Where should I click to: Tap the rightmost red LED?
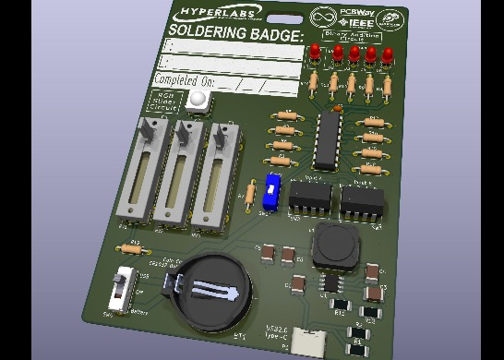pos(389,54)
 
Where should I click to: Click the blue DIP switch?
pos(270,191)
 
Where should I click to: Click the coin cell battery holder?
pos(210,292)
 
